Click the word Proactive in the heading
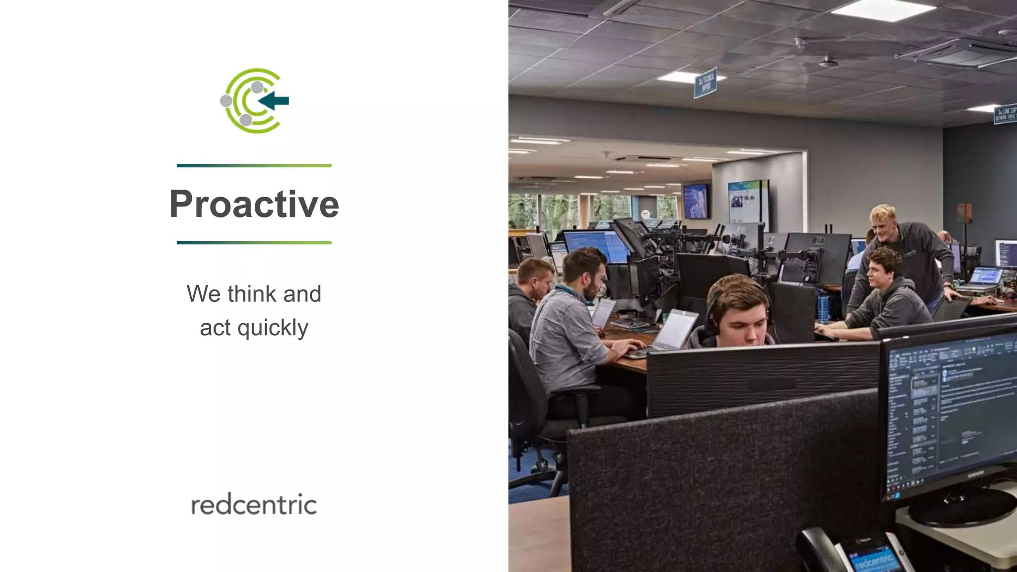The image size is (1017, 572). [254, 204]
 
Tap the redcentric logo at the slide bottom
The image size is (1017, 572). [254, 505]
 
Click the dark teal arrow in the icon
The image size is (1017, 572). [274, 101]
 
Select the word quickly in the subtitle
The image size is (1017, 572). [273, 328]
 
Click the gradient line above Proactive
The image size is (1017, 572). [254, 165]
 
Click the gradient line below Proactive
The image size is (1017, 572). [254, 242]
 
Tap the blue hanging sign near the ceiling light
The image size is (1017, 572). [705, 82]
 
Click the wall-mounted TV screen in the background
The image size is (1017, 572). [696, 201]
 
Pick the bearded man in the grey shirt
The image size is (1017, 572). [571, 318]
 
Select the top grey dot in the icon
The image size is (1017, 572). [257, 87]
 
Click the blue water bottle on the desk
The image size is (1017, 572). [823, 307]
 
